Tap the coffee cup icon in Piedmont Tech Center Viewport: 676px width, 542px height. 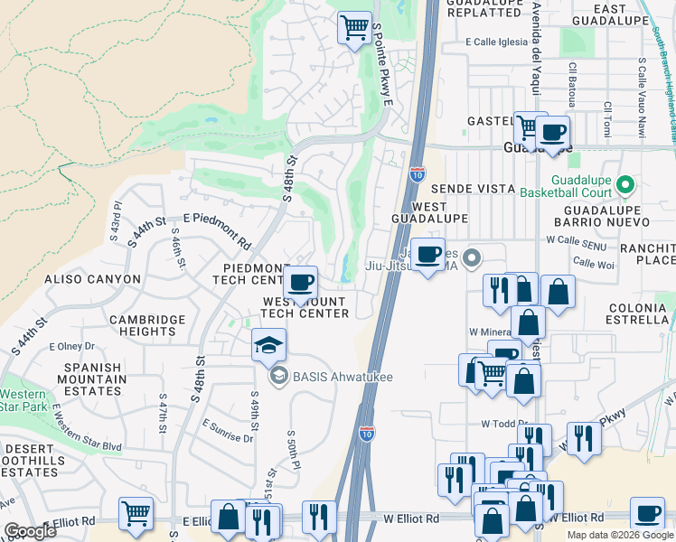[301, 281]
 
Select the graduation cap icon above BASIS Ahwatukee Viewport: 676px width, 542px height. [268, 345]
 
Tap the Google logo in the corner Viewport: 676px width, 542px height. [30, 530]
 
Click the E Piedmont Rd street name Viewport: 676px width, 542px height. [217, 230]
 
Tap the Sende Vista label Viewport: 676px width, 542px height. [466, 189]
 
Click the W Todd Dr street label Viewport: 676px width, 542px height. [503, 423]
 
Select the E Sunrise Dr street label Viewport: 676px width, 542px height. [228, 430]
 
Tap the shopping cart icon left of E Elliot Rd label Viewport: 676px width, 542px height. [136, 514]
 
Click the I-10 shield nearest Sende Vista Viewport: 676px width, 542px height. [417, 173]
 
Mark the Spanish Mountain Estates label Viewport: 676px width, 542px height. [92, 379]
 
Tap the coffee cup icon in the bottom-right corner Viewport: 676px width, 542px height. [646, 513]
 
